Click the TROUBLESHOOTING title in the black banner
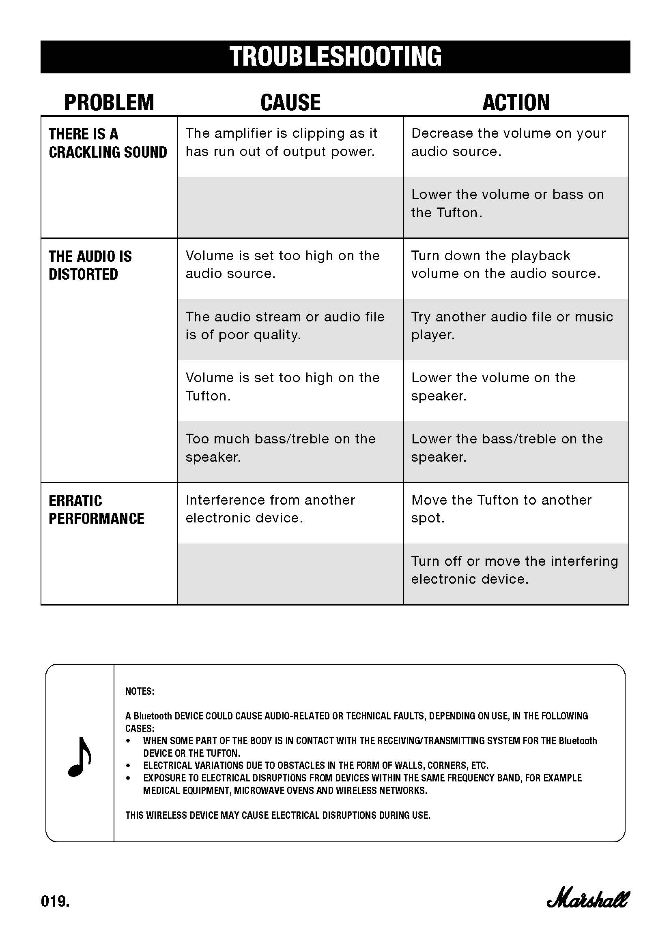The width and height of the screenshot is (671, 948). click(335, 57)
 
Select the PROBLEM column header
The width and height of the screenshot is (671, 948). click(109, 103)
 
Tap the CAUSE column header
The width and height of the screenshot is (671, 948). click(290, 103)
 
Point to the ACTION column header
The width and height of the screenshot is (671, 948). click(516, 103)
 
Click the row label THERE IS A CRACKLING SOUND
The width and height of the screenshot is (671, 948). click(108, 143)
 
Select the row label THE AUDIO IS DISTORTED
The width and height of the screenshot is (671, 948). click(90, 265)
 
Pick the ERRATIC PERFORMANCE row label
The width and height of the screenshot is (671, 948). click(96, 509)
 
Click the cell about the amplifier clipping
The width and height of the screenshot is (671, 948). click(281, 142)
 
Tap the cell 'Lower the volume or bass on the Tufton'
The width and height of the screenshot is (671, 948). click(507, 203)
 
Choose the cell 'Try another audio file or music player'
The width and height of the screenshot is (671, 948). click(512, 326)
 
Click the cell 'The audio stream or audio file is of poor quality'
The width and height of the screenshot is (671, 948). click(285, 326)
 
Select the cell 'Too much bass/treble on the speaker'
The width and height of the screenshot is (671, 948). click(280, 447)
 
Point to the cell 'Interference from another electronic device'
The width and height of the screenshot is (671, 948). click(270, 509)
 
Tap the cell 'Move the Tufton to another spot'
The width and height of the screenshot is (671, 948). click(501, 509)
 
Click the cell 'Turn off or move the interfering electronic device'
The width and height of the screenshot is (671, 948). click(514, 570)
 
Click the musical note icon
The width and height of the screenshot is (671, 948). click(80, 757)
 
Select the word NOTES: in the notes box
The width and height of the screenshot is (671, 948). click(140, 691)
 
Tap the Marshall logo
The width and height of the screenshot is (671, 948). click(587, 900)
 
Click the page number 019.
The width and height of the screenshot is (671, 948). click(55, 901)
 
